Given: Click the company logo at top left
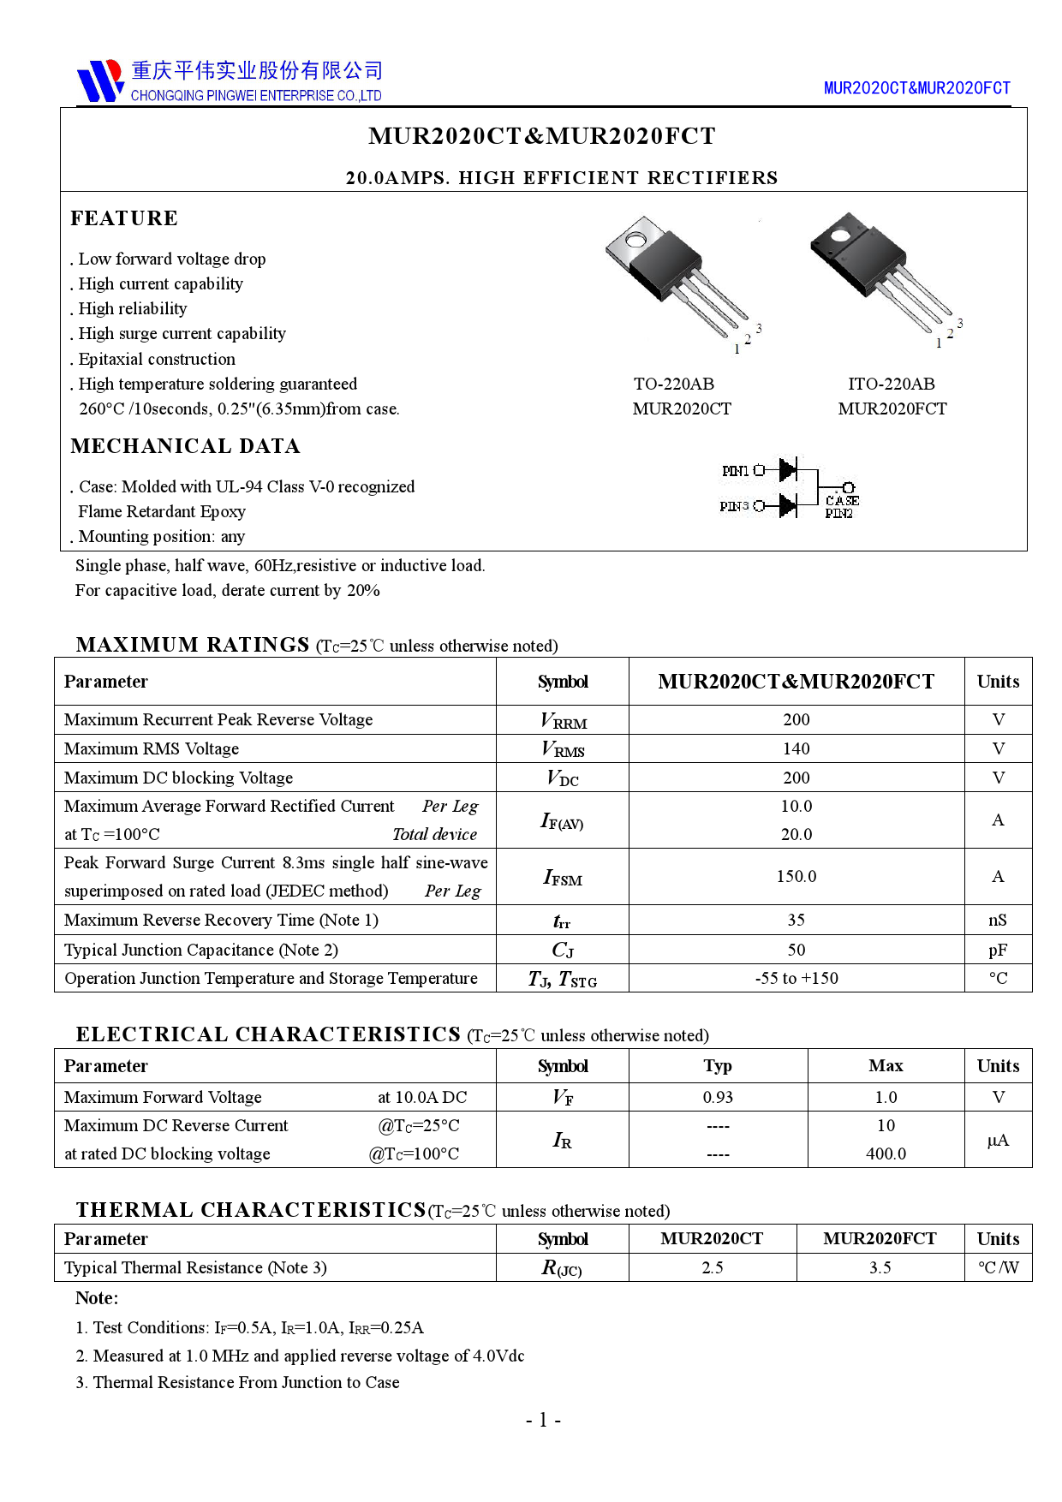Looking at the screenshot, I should pos(100,81).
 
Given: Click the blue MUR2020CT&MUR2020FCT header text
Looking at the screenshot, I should pos(916,88).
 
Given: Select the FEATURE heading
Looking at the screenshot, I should pos(124,218).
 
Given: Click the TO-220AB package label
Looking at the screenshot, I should pos(674,384).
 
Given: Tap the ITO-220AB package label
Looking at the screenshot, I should pos(892,384).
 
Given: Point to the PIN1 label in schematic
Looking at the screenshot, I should pos(735,471).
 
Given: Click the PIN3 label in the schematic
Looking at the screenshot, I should pos(734,507).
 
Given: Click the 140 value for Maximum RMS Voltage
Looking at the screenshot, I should pos(796,749).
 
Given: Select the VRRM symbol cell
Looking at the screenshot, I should pos(563,721).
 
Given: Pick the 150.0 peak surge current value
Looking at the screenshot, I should pos(796,877).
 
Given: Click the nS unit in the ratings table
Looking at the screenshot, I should pos(998,921).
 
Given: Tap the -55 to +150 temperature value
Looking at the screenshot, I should pos(796,979).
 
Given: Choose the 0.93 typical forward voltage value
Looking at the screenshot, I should pos(718,1098).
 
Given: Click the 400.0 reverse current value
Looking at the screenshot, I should pos(886,1154).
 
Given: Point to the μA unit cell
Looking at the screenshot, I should pos(998,1141).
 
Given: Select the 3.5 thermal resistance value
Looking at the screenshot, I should pos(880,1268).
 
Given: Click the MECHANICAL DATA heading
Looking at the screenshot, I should pos(185,446).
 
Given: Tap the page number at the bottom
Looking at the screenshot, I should pos(543,1421).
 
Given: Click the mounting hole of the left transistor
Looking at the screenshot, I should pos(635,240).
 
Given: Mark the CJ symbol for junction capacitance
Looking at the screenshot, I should pos(563,951).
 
